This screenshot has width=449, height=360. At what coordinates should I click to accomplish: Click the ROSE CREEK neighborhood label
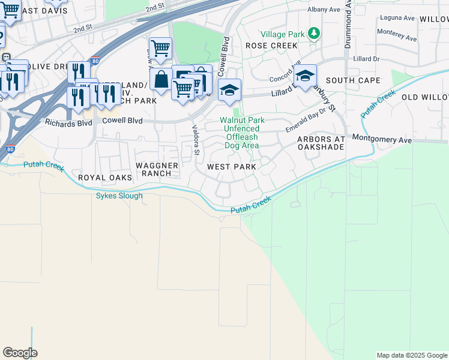click(271, 46)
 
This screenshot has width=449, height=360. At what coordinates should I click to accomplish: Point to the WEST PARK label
click(232, 167)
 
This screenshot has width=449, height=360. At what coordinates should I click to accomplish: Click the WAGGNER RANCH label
click(158, 169)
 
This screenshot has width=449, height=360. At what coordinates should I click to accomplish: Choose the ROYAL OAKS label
click(101, 178)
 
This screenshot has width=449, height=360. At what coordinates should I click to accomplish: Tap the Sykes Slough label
click(119, 196)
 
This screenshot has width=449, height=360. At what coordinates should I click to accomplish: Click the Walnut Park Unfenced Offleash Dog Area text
click(239, 133)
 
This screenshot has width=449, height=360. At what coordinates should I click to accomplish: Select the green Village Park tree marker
click(313, 34)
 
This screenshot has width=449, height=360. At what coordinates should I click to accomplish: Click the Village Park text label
click(282, 34)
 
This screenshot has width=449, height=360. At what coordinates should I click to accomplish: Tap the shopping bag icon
click(161, 79)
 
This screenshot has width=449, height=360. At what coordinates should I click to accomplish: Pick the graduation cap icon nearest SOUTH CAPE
click(305, 76)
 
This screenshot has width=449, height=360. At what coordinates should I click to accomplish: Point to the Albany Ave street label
click(324, 10)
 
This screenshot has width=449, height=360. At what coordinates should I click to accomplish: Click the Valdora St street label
click(195, 139)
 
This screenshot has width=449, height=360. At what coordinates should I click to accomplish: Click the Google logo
click(20, 353)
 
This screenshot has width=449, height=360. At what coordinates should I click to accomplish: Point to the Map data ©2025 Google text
click(411, 355)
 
